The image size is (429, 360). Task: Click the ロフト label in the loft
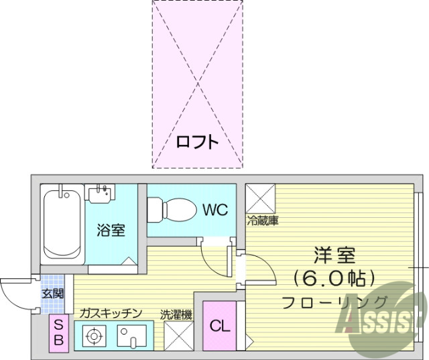click(196, 142)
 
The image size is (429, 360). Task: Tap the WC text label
click(215, 208)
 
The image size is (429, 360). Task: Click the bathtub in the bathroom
click(62, 225)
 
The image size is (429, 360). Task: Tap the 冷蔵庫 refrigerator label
click(262, 220)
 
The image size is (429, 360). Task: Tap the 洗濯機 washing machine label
click(176, 313)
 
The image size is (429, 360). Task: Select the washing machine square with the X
click(178, 335)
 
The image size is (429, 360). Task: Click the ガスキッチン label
click(110, 313)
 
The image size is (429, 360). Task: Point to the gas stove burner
click(95, 335)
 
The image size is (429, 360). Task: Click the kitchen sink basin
click(132, 335)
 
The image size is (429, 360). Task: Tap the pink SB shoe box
click(59, 333)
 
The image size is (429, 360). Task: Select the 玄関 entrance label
click(53, 294)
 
